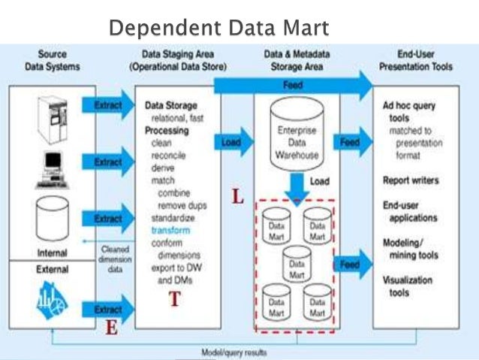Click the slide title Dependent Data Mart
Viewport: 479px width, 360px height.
point(218,29)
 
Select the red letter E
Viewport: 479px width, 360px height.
point(110,328)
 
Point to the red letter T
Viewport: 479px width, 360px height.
point(174,299)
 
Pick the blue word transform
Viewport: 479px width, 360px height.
point(170,230)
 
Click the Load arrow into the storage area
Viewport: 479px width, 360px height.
point(233,141)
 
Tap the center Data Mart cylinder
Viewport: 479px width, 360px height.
point(297,265)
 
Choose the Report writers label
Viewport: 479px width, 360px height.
point(410,180)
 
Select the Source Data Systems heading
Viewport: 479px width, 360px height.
point(53,61)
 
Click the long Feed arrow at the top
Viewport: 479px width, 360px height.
point(293,87)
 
